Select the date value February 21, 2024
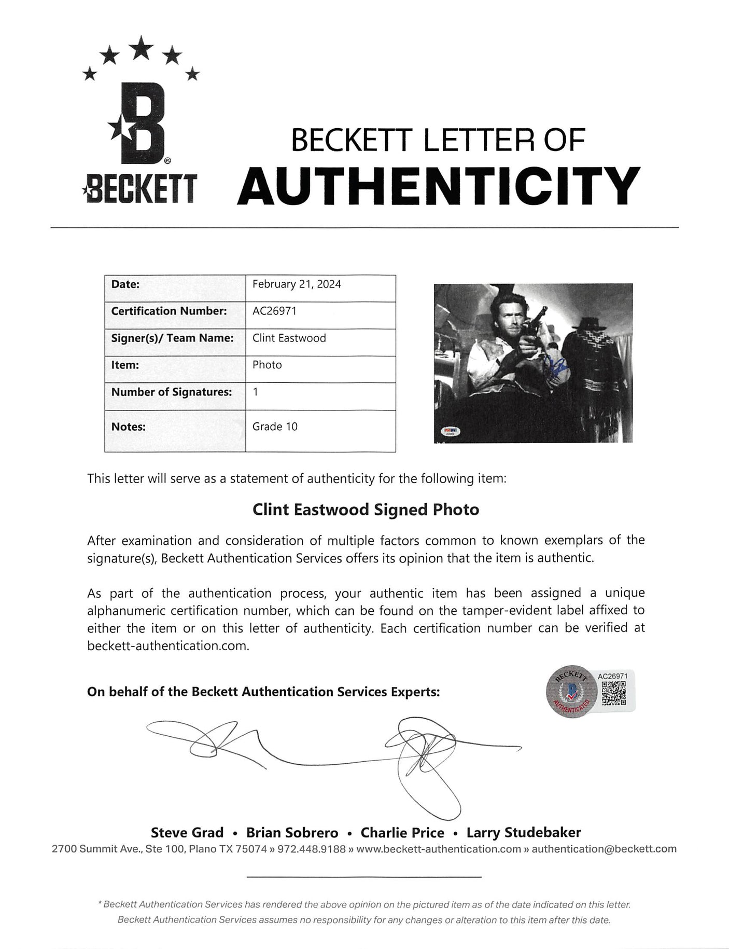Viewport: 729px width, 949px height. point(297,284)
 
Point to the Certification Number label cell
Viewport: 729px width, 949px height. point(169,311)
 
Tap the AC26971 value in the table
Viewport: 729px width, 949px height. point(274,311)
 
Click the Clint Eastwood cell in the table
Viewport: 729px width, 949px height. point(289,338)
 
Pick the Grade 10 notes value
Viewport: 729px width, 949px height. point(275,427)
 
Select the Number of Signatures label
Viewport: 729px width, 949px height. point(171,392)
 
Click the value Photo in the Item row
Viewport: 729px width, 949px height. point(267,365)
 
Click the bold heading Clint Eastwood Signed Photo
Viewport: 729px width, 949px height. point(366,510)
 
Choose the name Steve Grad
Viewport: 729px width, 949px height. point(187,833)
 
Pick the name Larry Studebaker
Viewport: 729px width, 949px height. point(524,833)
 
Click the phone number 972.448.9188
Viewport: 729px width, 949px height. point(312,849)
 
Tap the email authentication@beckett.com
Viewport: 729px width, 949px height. point(604,849)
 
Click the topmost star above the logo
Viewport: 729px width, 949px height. point(141,50)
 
